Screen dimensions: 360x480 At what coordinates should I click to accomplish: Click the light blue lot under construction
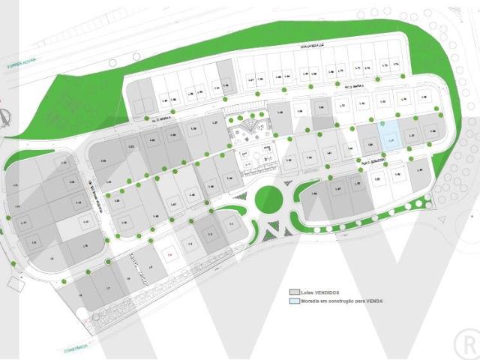click(387, 135)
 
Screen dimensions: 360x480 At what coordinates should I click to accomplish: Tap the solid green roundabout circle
click(268, 199)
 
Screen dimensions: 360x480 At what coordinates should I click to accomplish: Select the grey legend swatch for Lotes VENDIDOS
click(295, 291)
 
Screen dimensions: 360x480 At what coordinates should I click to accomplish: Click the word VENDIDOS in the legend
click(330, 291)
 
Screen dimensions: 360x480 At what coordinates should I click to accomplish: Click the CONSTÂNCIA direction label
click(74, 346)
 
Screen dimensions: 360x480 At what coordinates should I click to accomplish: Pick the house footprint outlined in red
click(171, 255)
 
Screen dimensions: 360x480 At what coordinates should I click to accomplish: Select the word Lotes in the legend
click(309, 291)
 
